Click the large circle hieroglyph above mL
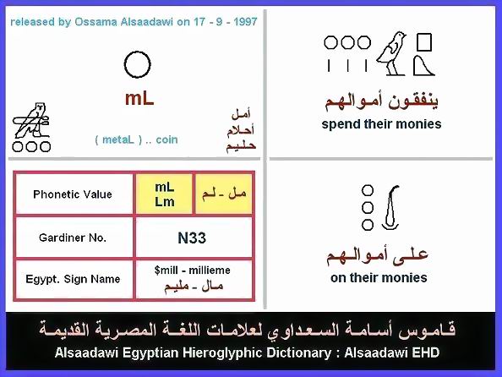(138, 53)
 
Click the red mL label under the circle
(139, 99)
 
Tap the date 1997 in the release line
(245, 22)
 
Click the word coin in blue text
(166, 139)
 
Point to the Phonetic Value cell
(73, 194)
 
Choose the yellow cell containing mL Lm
(164, 194)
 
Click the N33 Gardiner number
(192, 238)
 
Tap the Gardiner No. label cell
(73, 238)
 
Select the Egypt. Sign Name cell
(73, 279)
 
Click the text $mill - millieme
(192, 270)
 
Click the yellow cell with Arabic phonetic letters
(224, 194)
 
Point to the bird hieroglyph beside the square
(391, 53)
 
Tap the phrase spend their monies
(381, 124)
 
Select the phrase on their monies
(379, 278)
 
